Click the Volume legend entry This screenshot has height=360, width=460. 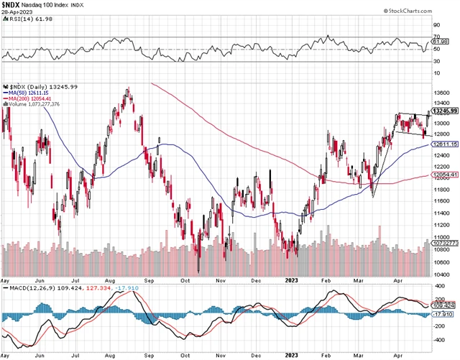coord(34,104)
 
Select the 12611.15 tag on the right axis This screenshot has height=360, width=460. coord(445,144)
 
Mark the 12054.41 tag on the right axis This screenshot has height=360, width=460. coord(445,175)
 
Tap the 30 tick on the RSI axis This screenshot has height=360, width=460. coord(436,60)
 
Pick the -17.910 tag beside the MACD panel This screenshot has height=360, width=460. coord(445,313)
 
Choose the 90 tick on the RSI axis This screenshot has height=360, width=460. coord(436,27)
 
